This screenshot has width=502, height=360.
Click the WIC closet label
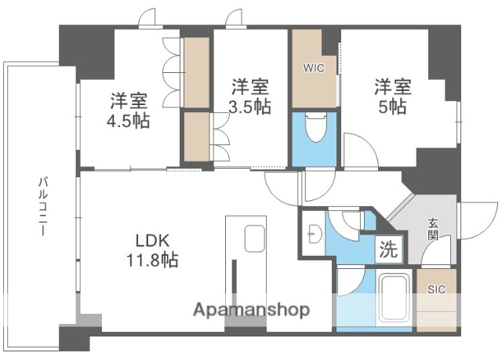point(314,67)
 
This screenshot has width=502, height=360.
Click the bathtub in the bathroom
point(395,299)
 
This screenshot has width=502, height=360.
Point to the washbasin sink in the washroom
point(314,233)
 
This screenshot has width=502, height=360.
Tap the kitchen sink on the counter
point(254,236)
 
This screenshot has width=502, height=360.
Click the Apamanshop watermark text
point(251,309)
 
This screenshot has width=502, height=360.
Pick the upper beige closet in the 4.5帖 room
point(195,71)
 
